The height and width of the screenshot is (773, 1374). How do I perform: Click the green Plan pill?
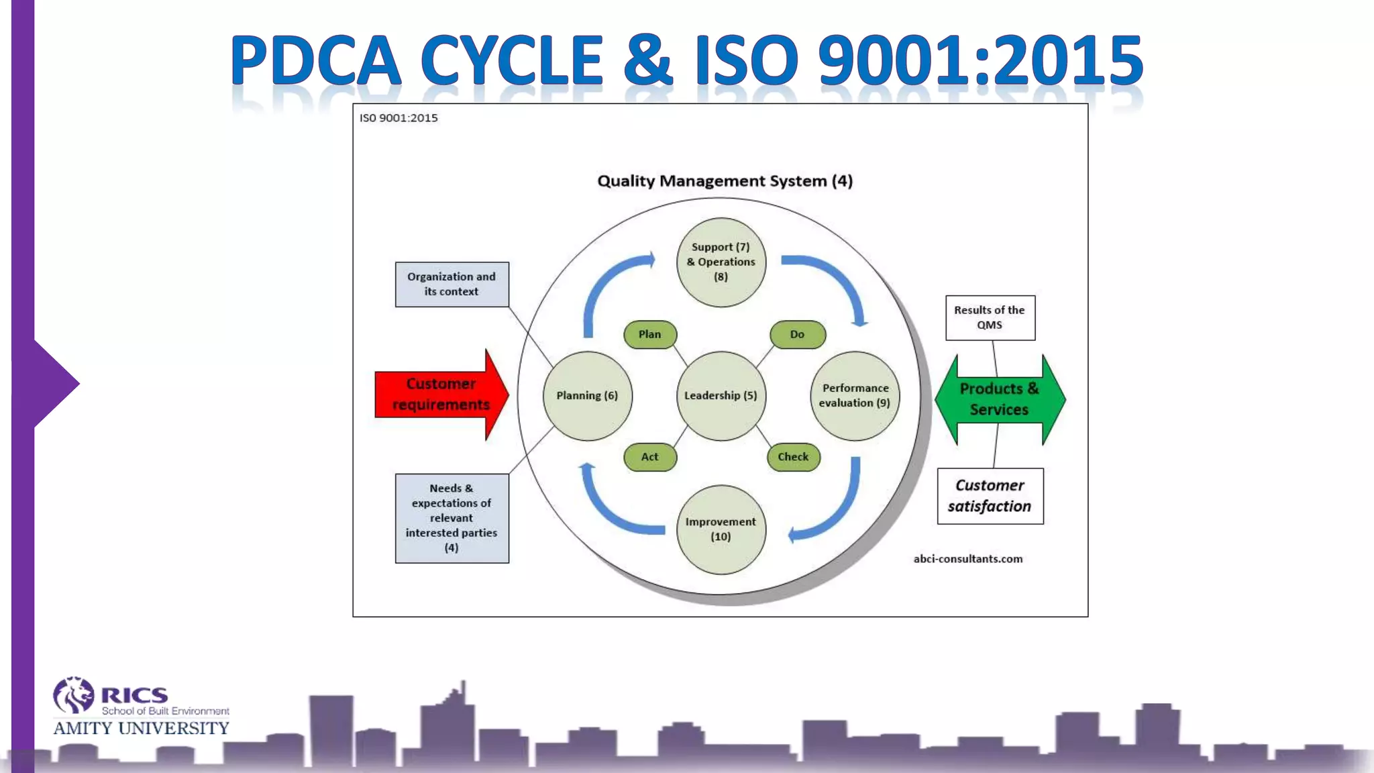(x=649, y=334)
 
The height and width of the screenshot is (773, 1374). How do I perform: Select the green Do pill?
(x=797, y=334)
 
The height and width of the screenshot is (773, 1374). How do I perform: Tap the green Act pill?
(x=649, y=457)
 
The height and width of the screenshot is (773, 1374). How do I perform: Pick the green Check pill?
(x=793, y=457)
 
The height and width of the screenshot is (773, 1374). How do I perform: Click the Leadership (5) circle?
(x=721, y=396)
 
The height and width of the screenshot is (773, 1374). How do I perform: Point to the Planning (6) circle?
(x=587, y=396)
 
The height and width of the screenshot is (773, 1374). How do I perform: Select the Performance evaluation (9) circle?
(x=855, y=396)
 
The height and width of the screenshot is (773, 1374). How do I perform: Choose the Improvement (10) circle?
(x=721, y=529)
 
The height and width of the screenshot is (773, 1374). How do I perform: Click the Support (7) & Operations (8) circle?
(x=721, y=262)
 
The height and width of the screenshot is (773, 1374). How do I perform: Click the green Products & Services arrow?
(x=999, y=399)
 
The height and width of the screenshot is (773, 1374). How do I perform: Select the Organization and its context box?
(x=452, y=285)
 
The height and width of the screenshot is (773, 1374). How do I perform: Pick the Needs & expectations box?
(x=452, y=518)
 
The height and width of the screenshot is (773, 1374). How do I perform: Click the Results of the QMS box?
(x=990, y=317)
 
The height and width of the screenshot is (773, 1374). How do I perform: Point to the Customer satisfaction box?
(x=990, y=496)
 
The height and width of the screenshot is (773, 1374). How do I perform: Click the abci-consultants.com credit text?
(x=967, y=559)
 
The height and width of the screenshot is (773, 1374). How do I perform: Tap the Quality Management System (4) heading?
(x=725, y=181)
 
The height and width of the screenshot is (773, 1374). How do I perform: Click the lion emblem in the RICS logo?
(x=74, y=695)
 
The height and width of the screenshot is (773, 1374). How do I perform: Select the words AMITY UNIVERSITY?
(x=141, y=729)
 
